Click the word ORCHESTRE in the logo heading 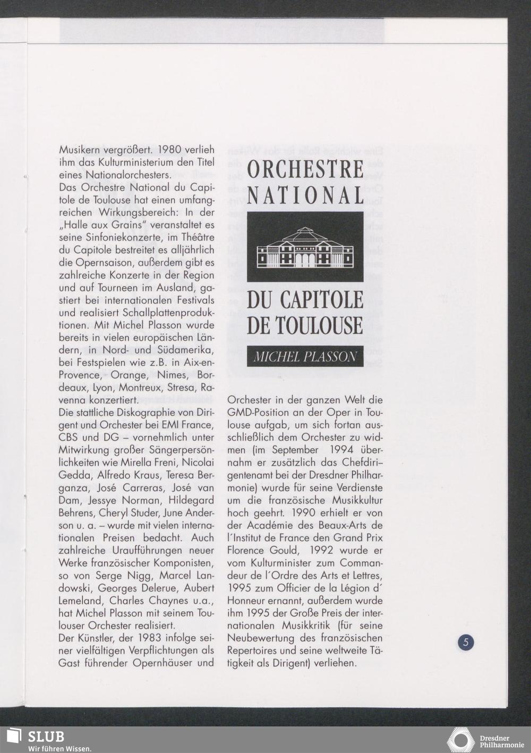(305, 169)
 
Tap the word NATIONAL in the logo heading (305, 195)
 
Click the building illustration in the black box (305, 247)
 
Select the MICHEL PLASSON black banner (305, 356)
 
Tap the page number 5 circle (466, 642)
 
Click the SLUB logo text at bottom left (46, 737)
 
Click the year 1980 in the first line (159, 150)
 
